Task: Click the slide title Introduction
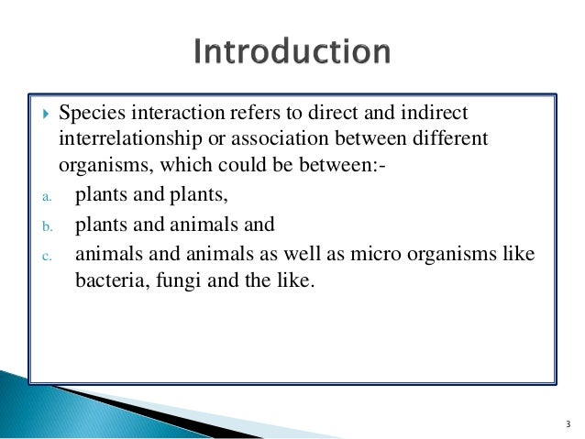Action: tap(292, 51)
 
